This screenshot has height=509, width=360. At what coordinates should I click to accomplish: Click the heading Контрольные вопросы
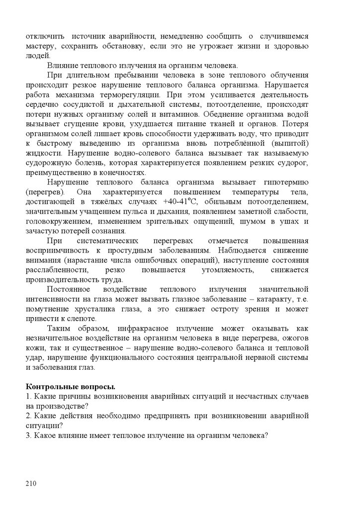pyautogui.click(x=70, y=386)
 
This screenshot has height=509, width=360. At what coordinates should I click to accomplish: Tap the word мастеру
pyautogui.click(x=42, y=46)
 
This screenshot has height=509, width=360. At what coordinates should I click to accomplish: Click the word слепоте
pyautogui.click(x=83, y=319)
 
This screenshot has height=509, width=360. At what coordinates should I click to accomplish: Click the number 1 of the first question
pyautogui.click(x=27, y=396)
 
